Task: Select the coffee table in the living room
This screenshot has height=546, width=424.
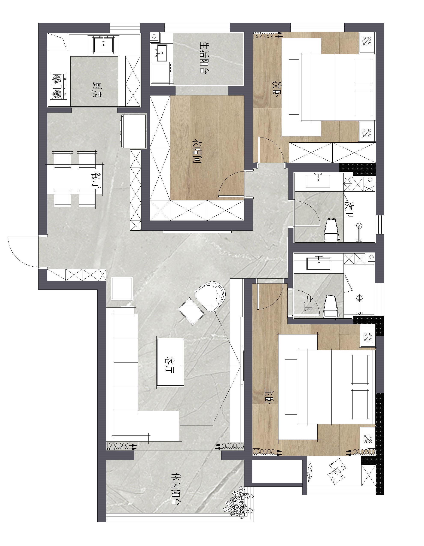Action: tap(170, 362)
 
